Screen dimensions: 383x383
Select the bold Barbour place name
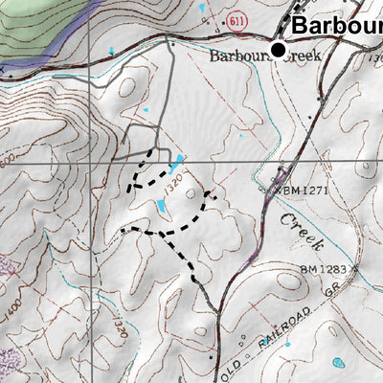pos(336,25)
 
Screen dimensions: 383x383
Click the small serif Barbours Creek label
pos(263,57)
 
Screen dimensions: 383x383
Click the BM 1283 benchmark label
pos(326,269)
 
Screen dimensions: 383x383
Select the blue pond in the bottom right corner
pos(340,364)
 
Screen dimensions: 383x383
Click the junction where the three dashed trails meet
pos(165,233)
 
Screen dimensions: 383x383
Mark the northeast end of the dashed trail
pos(212,195)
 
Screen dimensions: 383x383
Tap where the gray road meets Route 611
pos(170,39)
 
